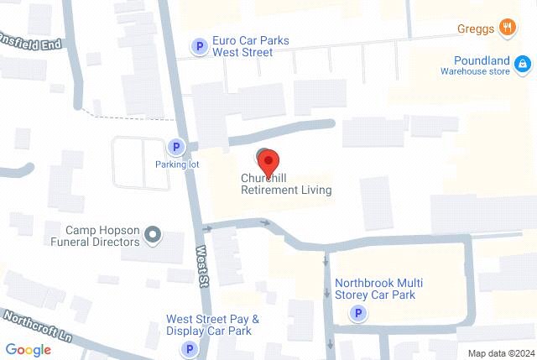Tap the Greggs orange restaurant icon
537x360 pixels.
click(x=507, y=29)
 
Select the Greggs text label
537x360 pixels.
click(x=475, y=29)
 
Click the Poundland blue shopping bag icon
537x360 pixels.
click(x=522, y=63)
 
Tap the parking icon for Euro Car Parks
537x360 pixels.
click(x=200, y=47)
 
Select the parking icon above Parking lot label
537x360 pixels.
click(x=176, y=148)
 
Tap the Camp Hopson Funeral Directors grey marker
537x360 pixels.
click(x=153, y=235)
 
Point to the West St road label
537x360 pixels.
click(x=201, y=267)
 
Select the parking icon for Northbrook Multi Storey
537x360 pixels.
click(x=358, y=314)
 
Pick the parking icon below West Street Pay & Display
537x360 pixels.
click(x=190, y=348)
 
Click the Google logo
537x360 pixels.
click(x=28, y=349)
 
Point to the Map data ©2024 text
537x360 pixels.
click(x=501, y=353)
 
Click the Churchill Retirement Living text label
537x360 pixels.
click(x=285, y=185)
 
